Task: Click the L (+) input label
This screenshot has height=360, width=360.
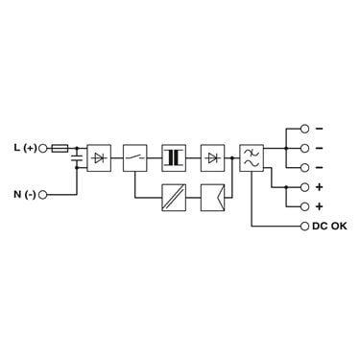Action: tap(25, 148)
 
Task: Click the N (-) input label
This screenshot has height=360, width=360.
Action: tap(25, 194)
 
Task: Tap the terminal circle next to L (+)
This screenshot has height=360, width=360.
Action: tap(42, 148)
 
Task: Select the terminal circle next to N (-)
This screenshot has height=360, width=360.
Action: tap(42, 194)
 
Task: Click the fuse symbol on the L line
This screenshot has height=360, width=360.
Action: tap(60, 148)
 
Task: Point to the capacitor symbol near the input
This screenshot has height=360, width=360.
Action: tap(77, 157)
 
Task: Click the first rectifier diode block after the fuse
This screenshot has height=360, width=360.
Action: tap(99, 157)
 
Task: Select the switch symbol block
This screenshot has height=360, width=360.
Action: tap(135, 157)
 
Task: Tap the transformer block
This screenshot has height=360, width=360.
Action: tap(174, 157)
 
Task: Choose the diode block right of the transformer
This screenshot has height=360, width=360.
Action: tap(213, 157)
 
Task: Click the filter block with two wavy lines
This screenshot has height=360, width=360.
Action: tap(252, 157)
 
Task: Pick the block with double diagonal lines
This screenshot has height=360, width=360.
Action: tap(174, 198)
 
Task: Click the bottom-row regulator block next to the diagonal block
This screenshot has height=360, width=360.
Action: tap(213, 198)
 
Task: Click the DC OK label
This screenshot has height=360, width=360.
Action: tap(329, 226)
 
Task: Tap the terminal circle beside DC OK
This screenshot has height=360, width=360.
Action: tap(305, 227)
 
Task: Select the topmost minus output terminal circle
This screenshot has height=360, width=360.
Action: tap(305, 129)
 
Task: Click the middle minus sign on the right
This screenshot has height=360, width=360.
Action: tap(319, 148)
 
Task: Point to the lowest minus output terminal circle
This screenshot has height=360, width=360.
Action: tap(305, 167)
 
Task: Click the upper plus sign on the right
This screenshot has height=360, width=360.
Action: tap(319, 187)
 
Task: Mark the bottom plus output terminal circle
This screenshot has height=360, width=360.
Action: tap(305, 206)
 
